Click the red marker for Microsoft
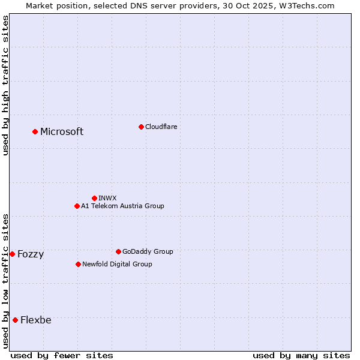coord(35,131)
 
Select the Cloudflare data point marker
coord(141,127)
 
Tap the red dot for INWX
coord(94,198)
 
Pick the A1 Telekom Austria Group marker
coord(77,206)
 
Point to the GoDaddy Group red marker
coord(118,251)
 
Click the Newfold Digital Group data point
coord(78,264)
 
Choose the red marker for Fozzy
coord(12,254)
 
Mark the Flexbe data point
coord(15,320)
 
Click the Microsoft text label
coord(62,132)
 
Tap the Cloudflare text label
coord(161,127)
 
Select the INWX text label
coord(107,198)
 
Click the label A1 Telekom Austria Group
coord(122,206)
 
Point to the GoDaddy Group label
coord(148,251)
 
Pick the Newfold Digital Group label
coord(117,264)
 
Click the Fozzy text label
coord(31,254)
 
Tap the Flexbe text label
coord(36,320)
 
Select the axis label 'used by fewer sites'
coord(62,355)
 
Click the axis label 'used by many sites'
coord(301,355)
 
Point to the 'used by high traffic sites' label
coord(5,85)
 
